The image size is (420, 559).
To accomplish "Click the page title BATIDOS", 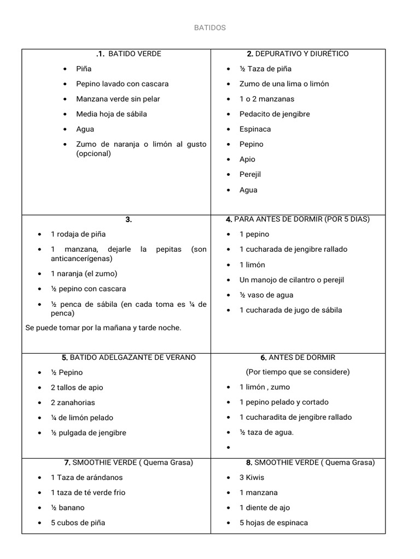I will (210, 28).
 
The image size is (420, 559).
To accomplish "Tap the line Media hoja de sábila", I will (112, 114).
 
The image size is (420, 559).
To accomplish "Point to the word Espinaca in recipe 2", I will (255, 129).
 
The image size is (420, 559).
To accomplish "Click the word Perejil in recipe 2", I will (250, 175).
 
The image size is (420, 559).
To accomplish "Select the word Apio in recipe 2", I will (247, 159).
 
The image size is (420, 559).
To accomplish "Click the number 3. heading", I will (129, 219).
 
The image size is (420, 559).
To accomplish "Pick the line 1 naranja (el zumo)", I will (84, 273).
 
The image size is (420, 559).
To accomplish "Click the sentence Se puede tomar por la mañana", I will (103, 328).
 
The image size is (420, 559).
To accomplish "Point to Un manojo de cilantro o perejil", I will (291, 280).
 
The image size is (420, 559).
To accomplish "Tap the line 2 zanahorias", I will (73, 402).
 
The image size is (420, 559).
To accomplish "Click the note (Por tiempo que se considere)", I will (297, 372).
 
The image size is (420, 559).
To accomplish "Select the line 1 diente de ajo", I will (265, 508).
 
